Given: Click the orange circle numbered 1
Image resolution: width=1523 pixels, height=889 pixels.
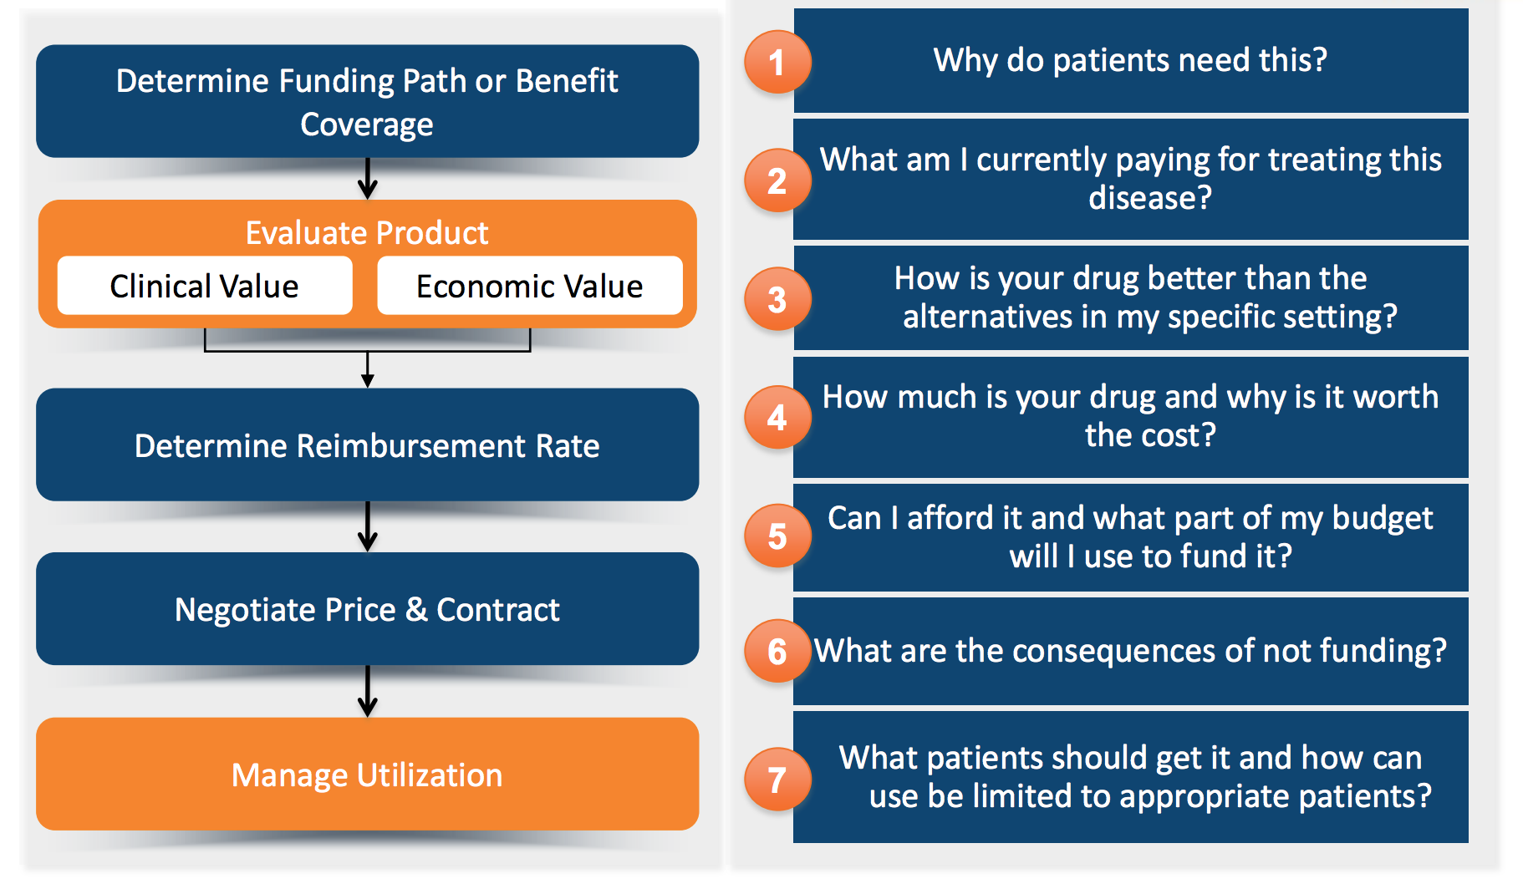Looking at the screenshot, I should (777, 62).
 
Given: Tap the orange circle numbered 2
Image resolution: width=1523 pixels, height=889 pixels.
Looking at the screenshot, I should (777, 180).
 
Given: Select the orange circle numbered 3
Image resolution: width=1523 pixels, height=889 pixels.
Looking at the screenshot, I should (777, 299).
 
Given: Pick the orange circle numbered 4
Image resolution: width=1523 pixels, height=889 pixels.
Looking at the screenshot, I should (777, 417).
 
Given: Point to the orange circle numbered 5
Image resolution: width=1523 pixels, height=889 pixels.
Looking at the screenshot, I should (777, 536).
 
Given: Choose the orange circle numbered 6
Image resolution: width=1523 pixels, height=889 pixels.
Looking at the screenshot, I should (777, 651).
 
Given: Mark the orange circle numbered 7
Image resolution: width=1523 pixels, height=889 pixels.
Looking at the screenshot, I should (777, 780).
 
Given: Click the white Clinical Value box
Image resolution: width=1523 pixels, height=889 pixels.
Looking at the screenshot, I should (205, 286).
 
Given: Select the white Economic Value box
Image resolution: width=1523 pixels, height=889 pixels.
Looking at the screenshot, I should (529, 286).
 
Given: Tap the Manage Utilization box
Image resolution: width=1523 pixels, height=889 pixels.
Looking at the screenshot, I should (367, 774).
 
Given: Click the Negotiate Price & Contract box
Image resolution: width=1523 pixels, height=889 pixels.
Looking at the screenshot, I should (367, 609).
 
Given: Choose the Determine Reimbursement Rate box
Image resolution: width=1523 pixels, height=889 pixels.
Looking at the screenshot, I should (367, 445).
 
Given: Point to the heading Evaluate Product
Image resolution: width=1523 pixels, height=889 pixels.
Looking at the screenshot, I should (367, 232).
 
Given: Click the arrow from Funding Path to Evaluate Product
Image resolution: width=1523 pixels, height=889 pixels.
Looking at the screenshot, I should (367, 178).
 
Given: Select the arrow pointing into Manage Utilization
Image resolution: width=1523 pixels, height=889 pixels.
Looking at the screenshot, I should (367, 691).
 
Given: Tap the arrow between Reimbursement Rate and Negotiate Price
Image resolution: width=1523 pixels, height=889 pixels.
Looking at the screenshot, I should (367, 526).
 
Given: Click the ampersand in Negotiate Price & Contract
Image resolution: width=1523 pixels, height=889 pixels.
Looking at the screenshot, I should (416, 610).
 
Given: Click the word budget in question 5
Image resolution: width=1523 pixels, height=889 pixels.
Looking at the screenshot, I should (1383, 518).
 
